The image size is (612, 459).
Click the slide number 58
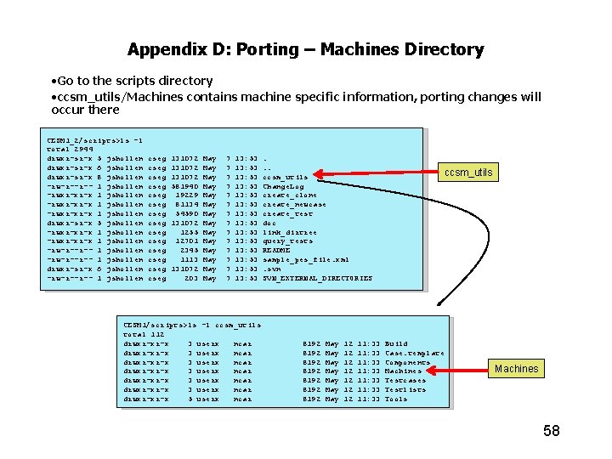(551, 431)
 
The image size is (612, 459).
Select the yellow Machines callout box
(516, 368)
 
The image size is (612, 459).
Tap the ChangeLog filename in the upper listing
(283, 186)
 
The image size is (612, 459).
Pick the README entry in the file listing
(276, 251)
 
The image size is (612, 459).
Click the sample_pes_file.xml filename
(305, 260)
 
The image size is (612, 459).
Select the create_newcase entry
(293, 205)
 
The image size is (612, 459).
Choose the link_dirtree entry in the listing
(290, 232)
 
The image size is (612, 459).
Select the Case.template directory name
(414, 353)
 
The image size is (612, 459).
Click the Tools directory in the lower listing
(396, 399)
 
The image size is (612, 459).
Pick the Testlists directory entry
(405, 389)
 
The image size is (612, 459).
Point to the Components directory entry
(407, 362)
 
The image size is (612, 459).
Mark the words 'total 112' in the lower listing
(144, 334)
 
